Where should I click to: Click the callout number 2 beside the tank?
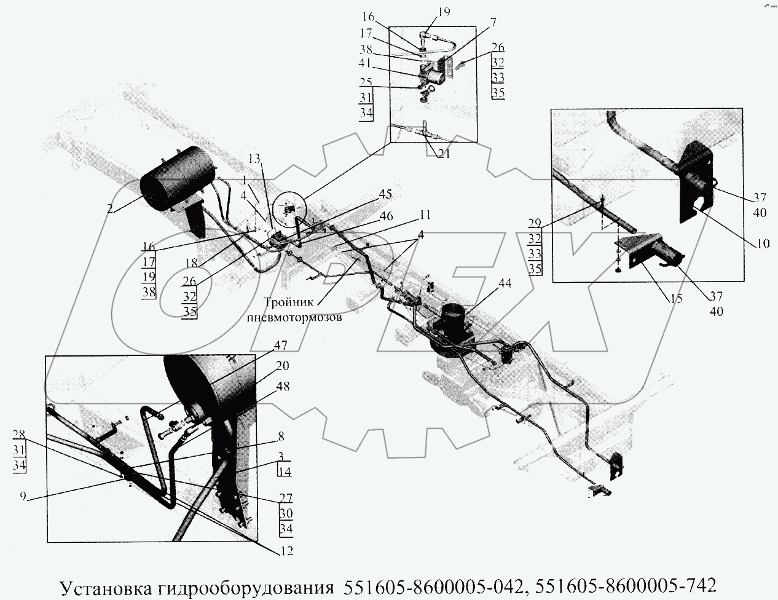click(x=111, y=208)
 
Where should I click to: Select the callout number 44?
click(x=505, y=283)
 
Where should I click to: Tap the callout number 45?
click(x=385, y=194)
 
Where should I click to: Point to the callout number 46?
click(x=385, y=216)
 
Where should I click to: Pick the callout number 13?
click(x=254, y=158)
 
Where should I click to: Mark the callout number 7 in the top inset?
click(x=493, y=23)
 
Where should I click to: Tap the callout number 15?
click(x=675, y=298)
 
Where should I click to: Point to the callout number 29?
click(x=535, y=223)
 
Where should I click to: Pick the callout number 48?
click(x=282, y=387)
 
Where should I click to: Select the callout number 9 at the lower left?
click(x=23, y=497)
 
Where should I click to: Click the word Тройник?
click(x=289, y=302)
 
